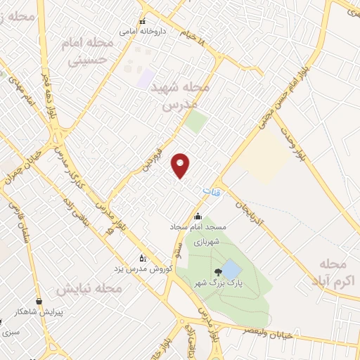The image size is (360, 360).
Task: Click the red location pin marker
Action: (181, 165)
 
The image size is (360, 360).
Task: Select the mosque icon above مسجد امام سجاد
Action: (198, 217)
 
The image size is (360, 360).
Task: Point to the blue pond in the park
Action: (231, 269)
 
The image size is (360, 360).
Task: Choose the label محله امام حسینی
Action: (89, 52)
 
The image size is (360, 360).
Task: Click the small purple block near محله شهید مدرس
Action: (146, 79)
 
